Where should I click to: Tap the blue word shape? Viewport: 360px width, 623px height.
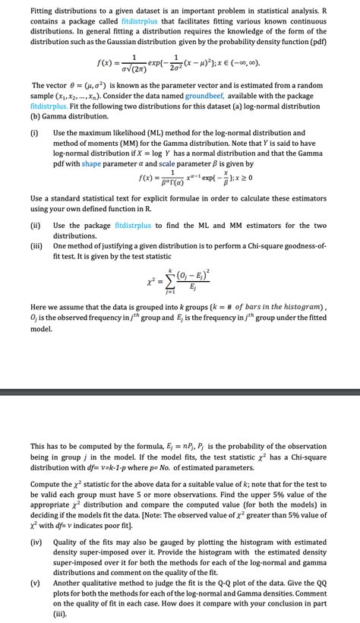pos(92,164)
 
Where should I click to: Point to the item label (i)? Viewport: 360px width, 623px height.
pos(35,133)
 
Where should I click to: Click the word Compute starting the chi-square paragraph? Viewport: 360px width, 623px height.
pos(48,483)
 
